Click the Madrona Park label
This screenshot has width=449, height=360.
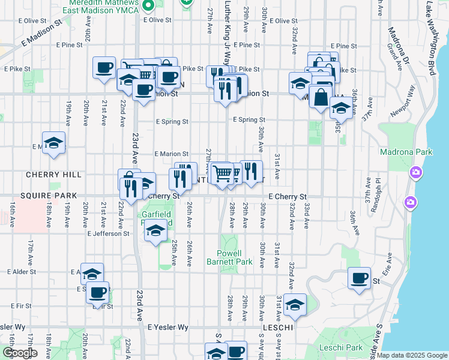click(x=406, y=152)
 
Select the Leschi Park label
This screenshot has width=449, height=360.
click(x=346, y=347)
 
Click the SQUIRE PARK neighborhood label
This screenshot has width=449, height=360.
click(x=49, y=196)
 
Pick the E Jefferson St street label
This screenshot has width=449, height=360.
click(x=109, y=234)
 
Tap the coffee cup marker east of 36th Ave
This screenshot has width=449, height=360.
click(x=359, y=278)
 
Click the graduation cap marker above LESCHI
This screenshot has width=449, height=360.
click(x=295, y=305)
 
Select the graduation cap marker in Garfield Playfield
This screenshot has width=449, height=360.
click(x=155, y=230)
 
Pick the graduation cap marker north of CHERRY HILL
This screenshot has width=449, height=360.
click(x=53, y=143)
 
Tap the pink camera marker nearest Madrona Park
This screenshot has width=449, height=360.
click(x=415, y=173)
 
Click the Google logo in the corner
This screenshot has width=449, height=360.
click(x=20, y=353)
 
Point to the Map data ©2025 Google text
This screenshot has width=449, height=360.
click(x=412, y=355)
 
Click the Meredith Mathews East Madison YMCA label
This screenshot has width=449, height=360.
click(x=104, y=6)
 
